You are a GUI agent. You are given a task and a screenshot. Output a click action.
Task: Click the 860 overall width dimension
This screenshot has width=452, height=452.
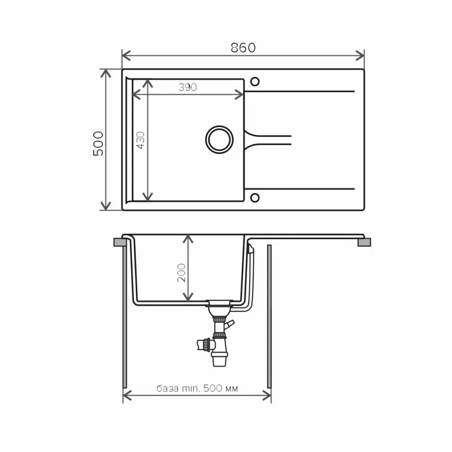click(x=243, y=48)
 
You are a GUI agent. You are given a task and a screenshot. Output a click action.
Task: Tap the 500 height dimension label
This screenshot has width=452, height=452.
click(x=98, y=144)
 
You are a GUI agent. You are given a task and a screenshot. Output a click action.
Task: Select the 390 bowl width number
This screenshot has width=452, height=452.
click(x=188, y=87)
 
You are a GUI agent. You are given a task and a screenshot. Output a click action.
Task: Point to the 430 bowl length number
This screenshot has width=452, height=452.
click(x=140, y=140)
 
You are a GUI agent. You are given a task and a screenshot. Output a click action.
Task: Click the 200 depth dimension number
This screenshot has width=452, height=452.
click(x=181, y=272)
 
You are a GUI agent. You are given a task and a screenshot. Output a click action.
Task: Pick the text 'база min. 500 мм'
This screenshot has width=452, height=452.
click(x=197, y=388)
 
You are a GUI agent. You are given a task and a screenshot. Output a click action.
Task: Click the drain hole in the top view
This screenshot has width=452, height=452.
click(x=219, y=140)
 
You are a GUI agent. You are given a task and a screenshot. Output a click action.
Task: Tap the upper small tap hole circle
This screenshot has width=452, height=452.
click(x=255, y=81)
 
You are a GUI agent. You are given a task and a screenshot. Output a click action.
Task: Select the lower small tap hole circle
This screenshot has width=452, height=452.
click(x=255, y=198)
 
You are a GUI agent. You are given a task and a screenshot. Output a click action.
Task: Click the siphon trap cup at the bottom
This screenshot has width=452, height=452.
click(x=220, y=359)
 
